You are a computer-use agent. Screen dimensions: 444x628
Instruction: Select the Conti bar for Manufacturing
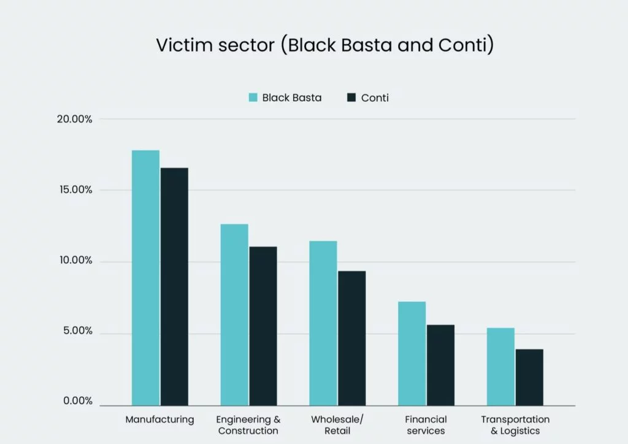174,286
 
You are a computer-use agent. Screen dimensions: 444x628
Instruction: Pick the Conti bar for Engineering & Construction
263,326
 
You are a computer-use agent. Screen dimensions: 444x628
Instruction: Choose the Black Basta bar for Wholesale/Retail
323,323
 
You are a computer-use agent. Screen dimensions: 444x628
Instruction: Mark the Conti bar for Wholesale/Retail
352,338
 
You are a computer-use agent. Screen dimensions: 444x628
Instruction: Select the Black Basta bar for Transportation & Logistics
500,367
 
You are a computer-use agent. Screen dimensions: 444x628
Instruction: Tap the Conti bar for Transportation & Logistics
529,377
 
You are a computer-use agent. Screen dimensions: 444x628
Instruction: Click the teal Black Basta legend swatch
253,98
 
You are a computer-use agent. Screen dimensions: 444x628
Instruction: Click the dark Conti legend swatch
351,98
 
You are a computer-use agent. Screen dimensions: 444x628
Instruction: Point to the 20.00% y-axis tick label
74,119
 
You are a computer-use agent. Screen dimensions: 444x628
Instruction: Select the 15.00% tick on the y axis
74,190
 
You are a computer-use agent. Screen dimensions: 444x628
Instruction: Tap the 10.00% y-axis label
74,261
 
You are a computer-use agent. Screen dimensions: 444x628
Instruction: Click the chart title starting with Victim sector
324,45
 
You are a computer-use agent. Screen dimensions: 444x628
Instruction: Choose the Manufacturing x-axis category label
159,420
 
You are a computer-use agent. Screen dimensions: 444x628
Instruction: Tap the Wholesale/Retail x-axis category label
337,425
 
